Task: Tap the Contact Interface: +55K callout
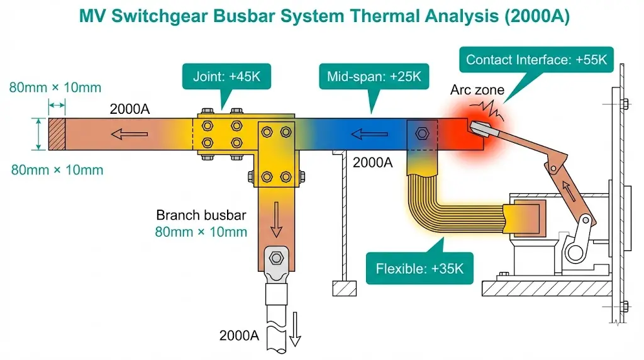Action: click(x=536, y=60)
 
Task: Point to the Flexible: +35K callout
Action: click(x=419, y=269)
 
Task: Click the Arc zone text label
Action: click(x=477, y=91)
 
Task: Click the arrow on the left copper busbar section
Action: click(x=130, y=133)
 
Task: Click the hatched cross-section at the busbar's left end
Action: click(x=57, y=133)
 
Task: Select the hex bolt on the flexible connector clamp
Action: click(x=421, y=133)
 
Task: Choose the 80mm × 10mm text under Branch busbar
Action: click(x=201, y=232)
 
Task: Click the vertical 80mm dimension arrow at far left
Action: click(x=40, y=133)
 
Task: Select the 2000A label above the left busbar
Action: click(x=129, y=109)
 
